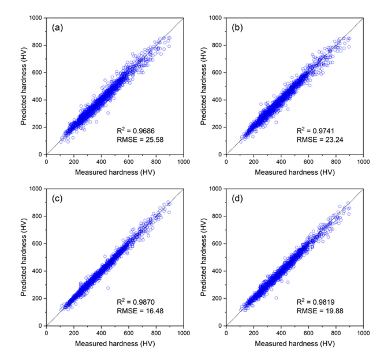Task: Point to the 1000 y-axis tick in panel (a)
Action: [x=35, y=18]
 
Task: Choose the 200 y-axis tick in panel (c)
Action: [x=38, y=298]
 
